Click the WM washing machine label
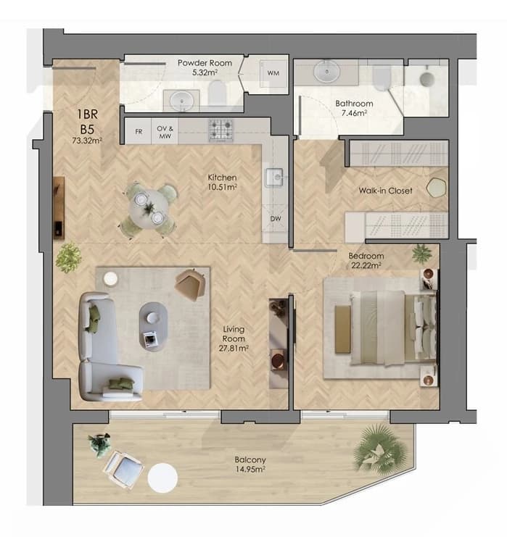[x=273, y=73]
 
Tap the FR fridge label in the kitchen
[x=139, y=131]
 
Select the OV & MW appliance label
[x=165, y=132]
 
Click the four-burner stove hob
[x=220, y=130]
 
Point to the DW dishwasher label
[x=276, y=219]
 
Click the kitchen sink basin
[x=274, y=178]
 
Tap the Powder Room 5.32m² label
[x=205, y=67]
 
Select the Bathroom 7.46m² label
[x=354, y=108]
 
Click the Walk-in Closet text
[x=385, y=191]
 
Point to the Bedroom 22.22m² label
[x=366, y=260]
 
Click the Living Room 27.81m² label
[x=234, y=338]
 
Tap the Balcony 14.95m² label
[x=250, y=465]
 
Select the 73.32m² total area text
[x=87, y=141]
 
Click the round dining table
[x=149, y=209]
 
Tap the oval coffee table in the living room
[x=153, y=326]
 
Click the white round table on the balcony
[x=162, y=478]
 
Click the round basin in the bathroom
[x=327, y=72]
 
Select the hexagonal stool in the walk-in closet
[x=437, y=188]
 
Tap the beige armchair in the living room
[x=190, y=284]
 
